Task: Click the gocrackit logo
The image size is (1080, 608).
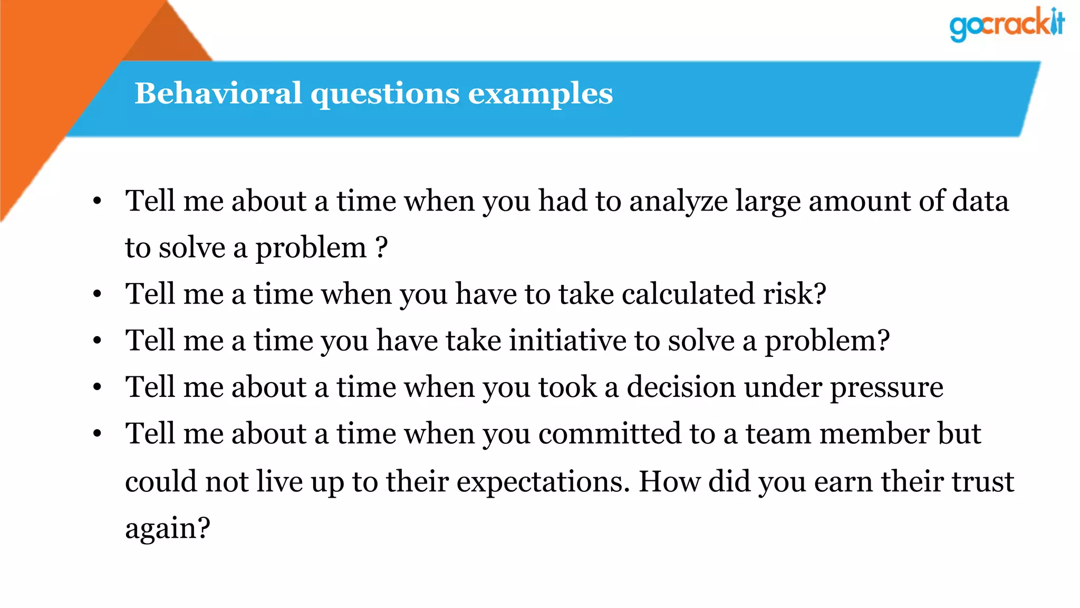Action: tap(1007, 24)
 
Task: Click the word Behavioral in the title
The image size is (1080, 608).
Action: tap(218, 93)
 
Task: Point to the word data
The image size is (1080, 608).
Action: tap(980, 201)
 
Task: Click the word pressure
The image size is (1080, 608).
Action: tap(886, 388)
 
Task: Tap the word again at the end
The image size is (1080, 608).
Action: tap(167, 528)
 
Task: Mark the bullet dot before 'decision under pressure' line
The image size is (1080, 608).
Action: tap(97, 387)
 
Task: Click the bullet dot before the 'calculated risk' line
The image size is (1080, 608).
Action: tap(97, 294)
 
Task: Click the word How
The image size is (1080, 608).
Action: tap(669, 481)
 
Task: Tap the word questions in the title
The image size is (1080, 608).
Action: tap(385, 94)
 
